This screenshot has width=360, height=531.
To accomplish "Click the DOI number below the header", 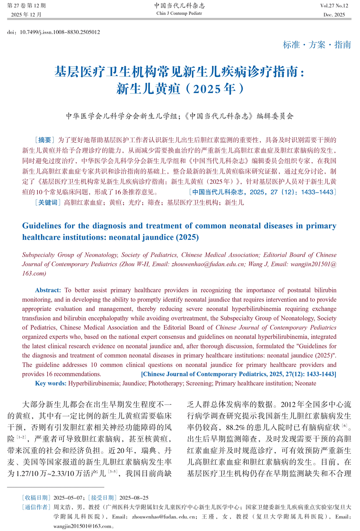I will tap(60, 32).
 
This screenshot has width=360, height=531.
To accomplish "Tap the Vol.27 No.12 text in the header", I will tap(334, 6).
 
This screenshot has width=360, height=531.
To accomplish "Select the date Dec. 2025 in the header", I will tap(334, 15).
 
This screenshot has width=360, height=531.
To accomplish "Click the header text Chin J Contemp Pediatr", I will tap(179, 13).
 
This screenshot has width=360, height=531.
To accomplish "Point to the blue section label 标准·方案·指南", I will tap(317, 45).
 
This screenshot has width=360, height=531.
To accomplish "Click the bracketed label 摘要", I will tap(45, 140).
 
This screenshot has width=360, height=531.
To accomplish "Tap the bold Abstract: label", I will tap(48, 290).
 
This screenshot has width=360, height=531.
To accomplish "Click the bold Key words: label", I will tap(51, 383).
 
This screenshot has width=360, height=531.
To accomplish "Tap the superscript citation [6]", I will tap(345, 426).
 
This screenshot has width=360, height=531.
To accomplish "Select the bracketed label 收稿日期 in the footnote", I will tap(36, 498).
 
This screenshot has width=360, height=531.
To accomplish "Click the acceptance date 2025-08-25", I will tap(134, 498).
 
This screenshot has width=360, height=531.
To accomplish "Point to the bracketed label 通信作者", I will tap(36, 507).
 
